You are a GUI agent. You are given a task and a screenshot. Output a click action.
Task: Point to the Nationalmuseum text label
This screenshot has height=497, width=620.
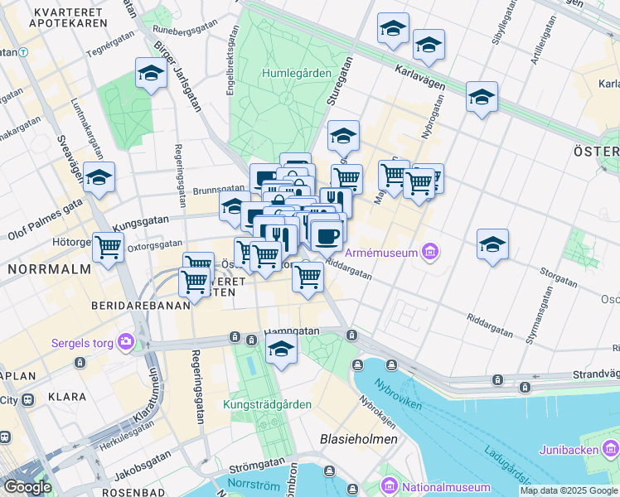[445, 487]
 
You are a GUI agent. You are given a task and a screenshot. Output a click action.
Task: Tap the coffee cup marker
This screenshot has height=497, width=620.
[327, 235]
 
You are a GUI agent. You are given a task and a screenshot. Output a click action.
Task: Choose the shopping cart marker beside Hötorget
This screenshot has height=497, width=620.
[108, 246]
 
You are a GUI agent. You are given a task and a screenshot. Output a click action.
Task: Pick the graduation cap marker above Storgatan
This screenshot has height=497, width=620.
[492, 244]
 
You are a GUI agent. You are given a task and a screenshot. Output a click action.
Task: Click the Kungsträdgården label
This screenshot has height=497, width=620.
[267, 405]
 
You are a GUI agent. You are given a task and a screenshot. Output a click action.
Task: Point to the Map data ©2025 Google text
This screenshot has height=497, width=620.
[568, 490]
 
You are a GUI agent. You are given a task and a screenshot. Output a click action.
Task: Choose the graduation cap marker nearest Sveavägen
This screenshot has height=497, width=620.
[99, 177]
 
